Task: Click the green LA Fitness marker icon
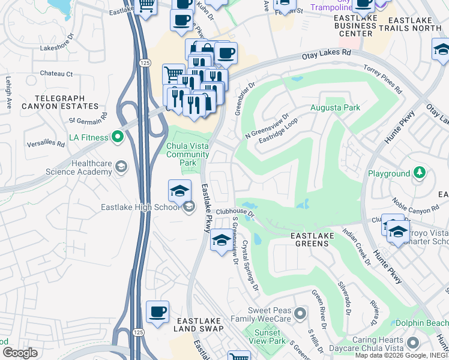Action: (x=118, y=138)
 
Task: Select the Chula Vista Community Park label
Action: (x=188, y=154)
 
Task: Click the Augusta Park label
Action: (x=335, y=108)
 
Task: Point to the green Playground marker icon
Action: (x=420, y=174)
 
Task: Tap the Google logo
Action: (x=19, y=353)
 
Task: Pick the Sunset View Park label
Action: (x=267, y=337)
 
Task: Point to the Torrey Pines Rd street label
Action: (x=383, y=80)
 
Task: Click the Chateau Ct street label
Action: (x=56, y=74)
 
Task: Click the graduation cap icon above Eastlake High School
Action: (x=179, y=191)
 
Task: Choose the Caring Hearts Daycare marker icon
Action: (x=412, y=343)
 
